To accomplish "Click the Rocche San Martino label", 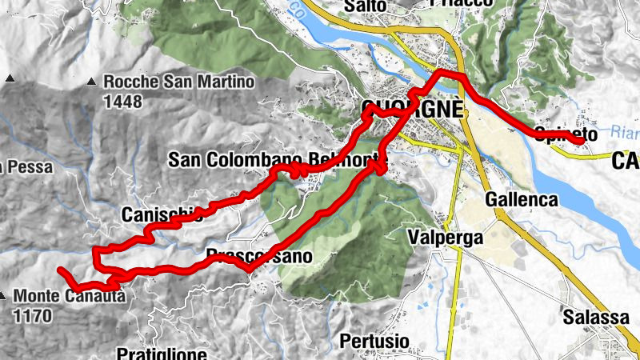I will coord(178,82).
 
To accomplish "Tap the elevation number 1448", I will coord(122,102).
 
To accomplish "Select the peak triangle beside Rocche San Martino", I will coord(92,81).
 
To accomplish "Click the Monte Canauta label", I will coord(70,296).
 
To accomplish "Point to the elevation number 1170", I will coord(33,316).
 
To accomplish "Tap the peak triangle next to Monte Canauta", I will coord(5,294).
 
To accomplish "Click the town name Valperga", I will coord(445,238).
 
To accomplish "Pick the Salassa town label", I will coord(595,317).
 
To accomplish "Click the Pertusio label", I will coord(374,342).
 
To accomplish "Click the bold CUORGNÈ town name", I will coord(412,109).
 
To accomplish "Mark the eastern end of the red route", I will coord(581,141).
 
